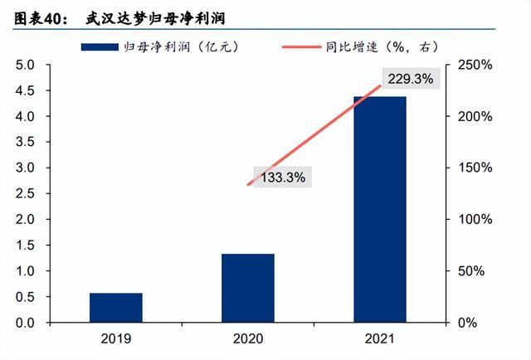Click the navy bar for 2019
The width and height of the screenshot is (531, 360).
[116, 308]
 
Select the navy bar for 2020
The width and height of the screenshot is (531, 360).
[248, 288]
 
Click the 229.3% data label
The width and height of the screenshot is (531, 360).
[407, 78]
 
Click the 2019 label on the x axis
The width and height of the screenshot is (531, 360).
[116, 339]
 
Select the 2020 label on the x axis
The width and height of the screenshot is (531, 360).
[248, 339]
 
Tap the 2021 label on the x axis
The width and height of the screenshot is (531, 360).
[380, 339]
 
